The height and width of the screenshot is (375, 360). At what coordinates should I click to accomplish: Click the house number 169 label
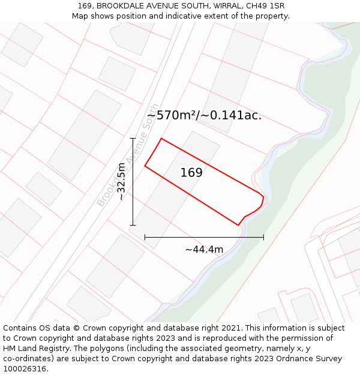point(191,173)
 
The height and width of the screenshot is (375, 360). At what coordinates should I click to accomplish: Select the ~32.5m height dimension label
point(121,182)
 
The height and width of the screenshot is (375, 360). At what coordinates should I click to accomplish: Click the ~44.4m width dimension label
point(204,250)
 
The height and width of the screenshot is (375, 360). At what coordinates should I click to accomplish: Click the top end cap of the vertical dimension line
point(133,139)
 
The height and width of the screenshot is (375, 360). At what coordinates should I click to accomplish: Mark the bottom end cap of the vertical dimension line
point(133,226)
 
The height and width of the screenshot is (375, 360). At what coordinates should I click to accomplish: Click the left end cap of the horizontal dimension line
point(145,238)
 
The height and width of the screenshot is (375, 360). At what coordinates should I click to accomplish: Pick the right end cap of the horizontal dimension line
point(263,238)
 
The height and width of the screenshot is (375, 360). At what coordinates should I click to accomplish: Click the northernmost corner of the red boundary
point(161,139)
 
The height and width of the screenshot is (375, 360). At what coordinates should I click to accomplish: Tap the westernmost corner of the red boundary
point(145,166)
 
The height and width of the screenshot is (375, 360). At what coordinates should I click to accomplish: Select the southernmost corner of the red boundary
point(238,226)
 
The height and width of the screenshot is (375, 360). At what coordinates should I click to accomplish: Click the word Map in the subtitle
point(80,16)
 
